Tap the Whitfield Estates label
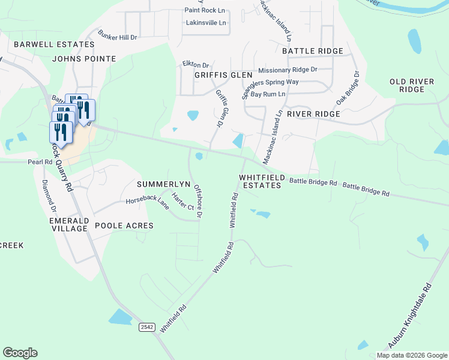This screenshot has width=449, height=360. (x=260, y=182)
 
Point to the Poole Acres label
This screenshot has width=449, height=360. (x=124, y=226)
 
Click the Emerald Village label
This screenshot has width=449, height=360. (x=68, y=225)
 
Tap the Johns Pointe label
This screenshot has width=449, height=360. (x=84, y=59)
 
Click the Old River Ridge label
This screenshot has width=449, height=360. (x=407, y=85)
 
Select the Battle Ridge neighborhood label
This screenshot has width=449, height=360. (x=312, y=52)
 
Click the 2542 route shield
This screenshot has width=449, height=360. (x=146, y=327)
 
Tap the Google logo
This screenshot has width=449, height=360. (x=20, y=353)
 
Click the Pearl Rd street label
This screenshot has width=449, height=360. (x=40, y=162)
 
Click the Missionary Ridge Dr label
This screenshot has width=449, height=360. (x=288, y=70)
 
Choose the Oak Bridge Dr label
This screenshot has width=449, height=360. (x=348, y=88)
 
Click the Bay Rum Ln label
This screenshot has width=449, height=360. (x=268, y=95)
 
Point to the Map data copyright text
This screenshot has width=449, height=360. (x=412, y=355)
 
